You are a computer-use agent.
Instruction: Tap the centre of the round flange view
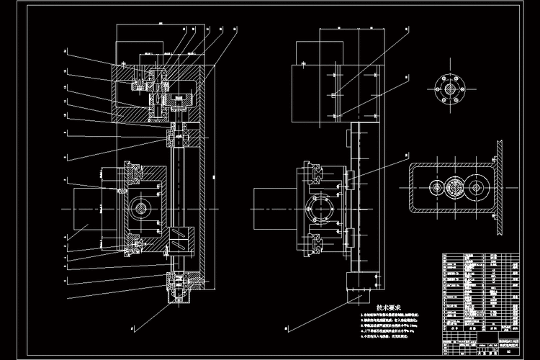[x=450, y=89]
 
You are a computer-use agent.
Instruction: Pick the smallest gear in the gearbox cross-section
[x=436, y=189]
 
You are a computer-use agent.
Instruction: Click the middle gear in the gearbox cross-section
[x=475, y=189]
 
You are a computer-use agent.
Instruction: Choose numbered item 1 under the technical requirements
[x=400, y=315]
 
